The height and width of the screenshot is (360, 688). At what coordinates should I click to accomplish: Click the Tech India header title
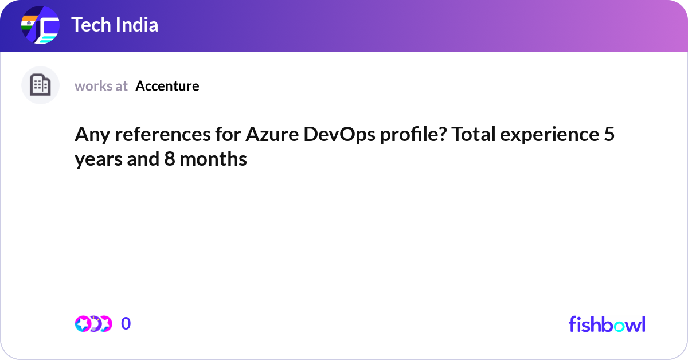pyautogui.click(x=115, y=25)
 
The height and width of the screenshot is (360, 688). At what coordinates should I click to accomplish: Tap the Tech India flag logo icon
pyautogui.click(x=40, y=26)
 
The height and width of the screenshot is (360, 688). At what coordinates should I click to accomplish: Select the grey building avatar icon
pyautogui.click(x=40, y=85)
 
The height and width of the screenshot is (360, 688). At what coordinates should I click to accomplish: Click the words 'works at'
pyautogui.click(x=101, y=86)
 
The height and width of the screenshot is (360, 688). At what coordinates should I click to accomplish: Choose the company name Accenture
pyautogui.click(x=167, y=86)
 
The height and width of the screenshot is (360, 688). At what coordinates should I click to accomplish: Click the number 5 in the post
pyautogui.click(x=609, y=135)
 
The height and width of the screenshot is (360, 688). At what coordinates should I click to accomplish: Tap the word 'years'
pyautogui.click(x=95, y=159)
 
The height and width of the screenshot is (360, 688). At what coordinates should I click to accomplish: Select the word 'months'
pyautogui.click(x=213, y=159)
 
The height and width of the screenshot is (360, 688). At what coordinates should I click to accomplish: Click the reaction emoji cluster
pyautogui.click(x=93, y=324)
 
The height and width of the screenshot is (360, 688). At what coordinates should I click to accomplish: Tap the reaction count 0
pyautogui.click(x=126, y=324)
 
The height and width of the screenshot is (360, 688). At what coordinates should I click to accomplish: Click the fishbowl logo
pyautogui.click(x=607, y=324)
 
